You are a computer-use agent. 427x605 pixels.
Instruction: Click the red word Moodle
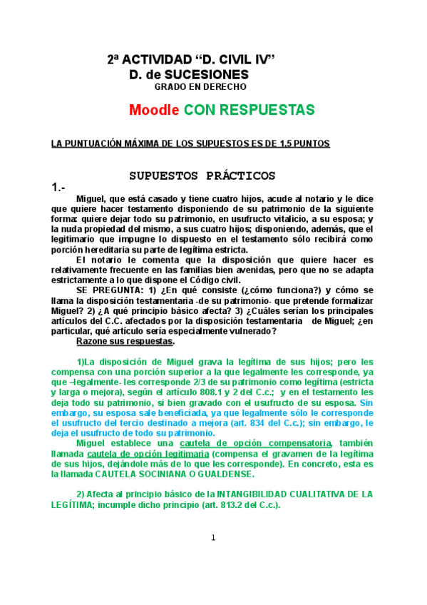point(154,111)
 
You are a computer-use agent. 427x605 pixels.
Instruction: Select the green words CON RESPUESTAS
point(249,111)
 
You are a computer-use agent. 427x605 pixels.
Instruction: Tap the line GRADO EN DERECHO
point(200,87)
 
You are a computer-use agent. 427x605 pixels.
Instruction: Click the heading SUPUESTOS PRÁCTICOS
point(202,176)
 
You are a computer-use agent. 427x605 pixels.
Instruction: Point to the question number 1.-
point(58,187)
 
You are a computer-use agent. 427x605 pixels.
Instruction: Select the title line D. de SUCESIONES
point(189,74)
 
